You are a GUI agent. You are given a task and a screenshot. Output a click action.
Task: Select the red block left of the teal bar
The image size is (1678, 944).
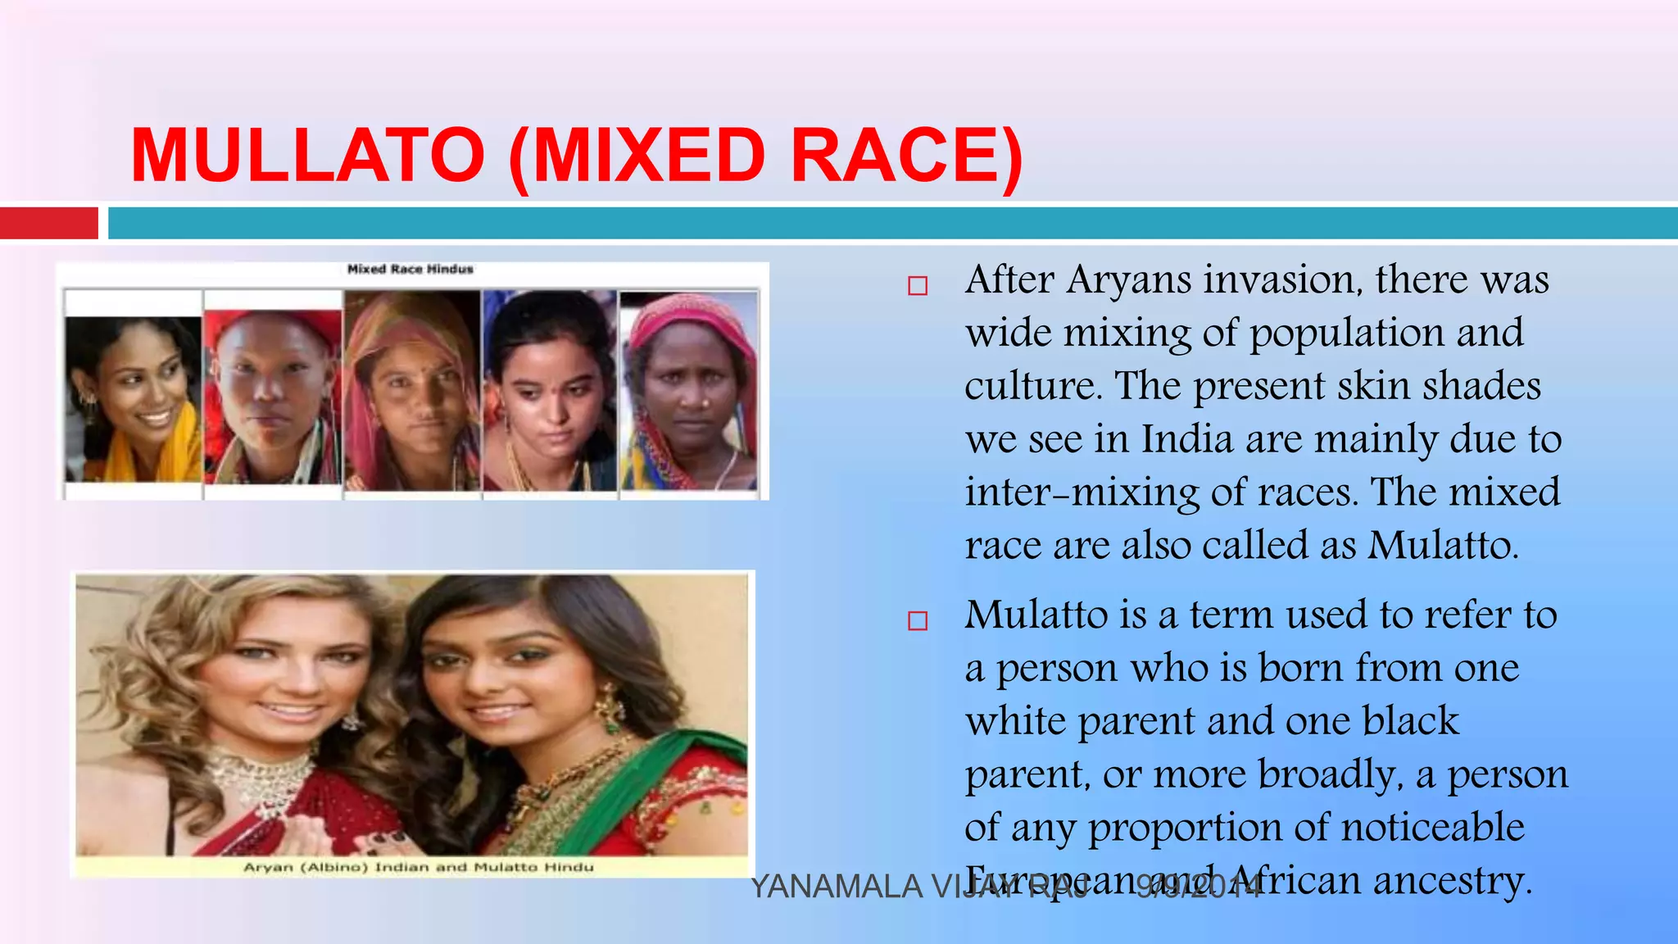coord(48,223)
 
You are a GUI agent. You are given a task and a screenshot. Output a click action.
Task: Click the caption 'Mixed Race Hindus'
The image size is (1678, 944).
coord(410,269)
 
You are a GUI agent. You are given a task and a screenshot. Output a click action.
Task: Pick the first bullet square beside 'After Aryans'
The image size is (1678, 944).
coord(918,286)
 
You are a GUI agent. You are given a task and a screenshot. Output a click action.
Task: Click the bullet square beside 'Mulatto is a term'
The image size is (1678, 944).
coord(918,621)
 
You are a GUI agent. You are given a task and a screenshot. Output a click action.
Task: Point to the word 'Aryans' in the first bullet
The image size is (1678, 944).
coord(1128,280)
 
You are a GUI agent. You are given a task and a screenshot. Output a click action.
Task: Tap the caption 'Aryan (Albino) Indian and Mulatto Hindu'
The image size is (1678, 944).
coord(418,867)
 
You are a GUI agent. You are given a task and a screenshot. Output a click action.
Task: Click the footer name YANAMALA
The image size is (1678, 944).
coord(836,887)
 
